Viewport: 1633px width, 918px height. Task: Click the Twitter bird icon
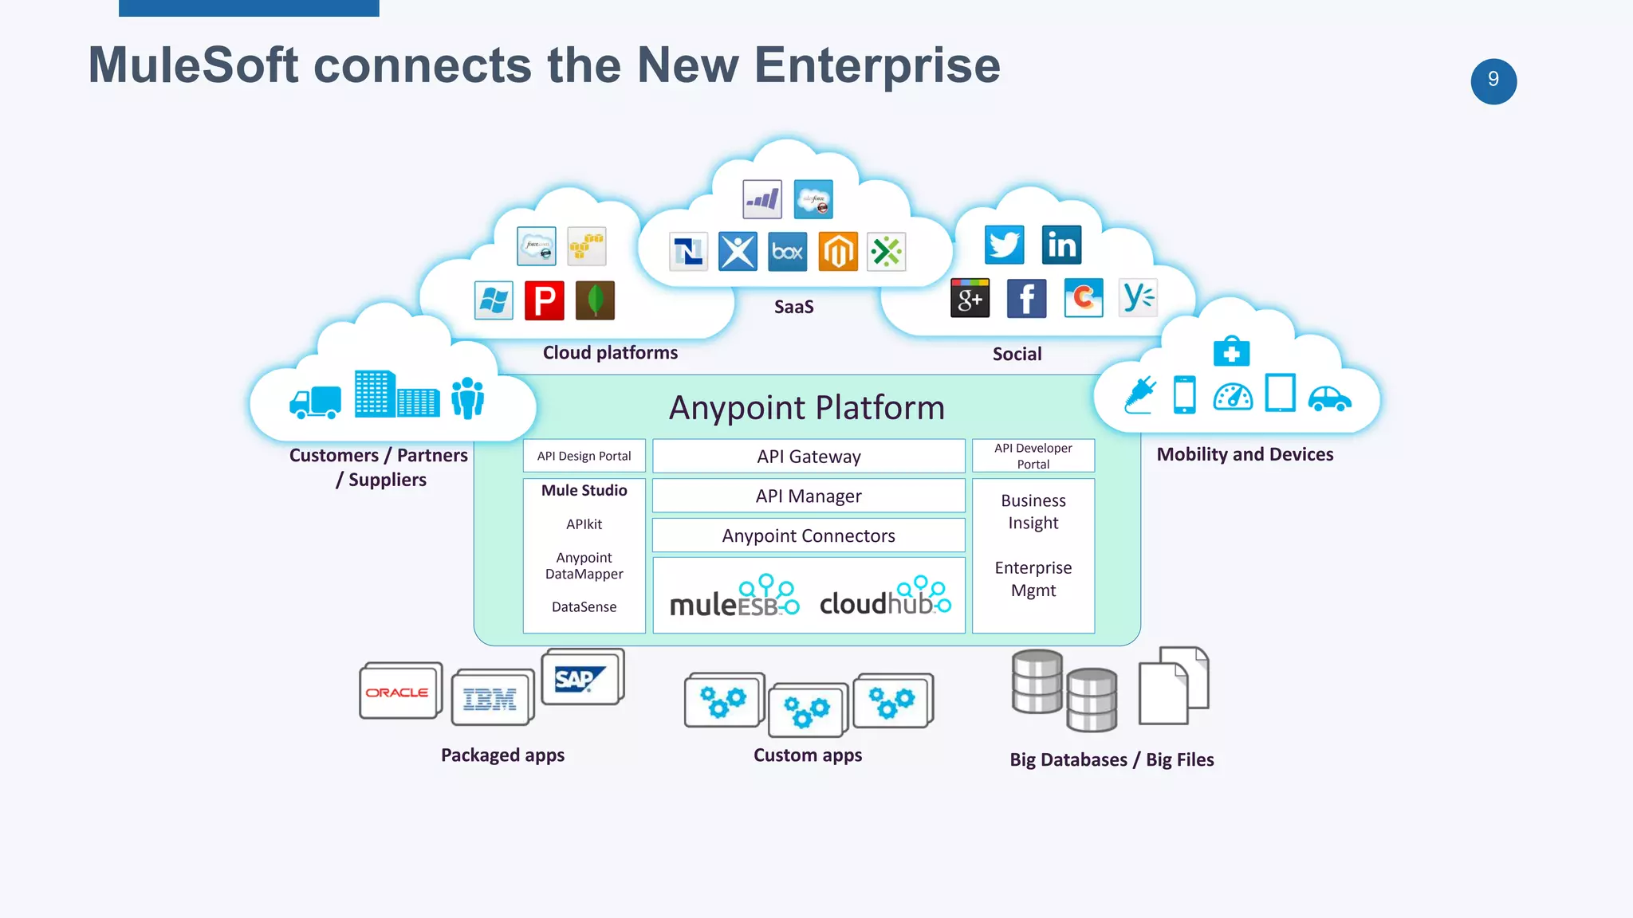pyautogui.click(x=1004, y=245)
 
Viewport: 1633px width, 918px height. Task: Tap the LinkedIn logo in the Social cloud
pyautogui.click(x=1061, y=245)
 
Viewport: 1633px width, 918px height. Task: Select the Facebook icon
pyautogui.click(x=1026, y=299)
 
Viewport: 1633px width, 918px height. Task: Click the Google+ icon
pyautogui.click(x=970, y=299)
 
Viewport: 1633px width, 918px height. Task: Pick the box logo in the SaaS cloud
pyautogui.click(x=787, y=252)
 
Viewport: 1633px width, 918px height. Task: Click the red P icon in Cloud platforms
pyautogui.click(x=545, y=301)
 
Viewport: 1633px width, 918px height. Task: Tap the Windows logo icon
pyautogui.click(x=494, y=301)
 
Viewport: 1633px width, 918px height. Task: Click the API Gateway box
pyautogui.click(x=809, y=457)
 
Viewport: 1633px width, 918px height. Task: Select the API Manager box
pyautogui.click(x=809, y=496)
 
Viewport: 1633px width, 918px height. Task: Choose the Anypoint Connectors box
pyautogui.click(x=809, y=535)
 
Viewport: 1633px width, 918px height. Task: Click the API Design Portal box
pyautogui.click(x=584, y=456)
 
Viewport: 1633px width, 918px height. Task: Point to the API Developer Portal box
pyautogui.click(x=1033, y=456)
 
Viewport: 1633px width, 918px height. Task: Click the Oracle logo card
pyautogui.click(x=398, y=692)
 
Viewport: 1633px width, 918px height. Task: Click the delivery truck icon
pyautogui.click(x=316, y=402)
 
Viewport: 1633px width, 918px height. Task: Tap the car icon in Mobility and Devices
pyautogui.click(x=1329, y=398)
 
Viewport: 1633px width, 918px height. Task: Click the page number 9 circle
pyautogui.click(x=1493, y=80)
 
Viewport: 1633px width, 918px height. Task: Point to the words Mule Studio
pyautogui.click(x=584, y=490)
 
